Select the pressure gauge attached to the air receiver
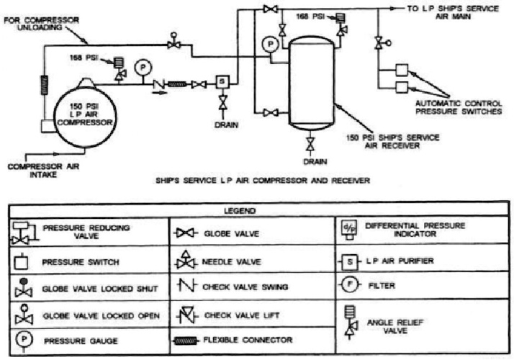(x=270, y=45)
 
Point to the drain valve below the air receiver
(x=310, y=145)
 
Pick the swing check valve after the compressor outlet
(x=158, y=84)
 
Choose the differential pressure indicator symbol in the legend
(x=347, y=229)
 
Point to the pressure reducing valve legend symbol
(x=21, y=230)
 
